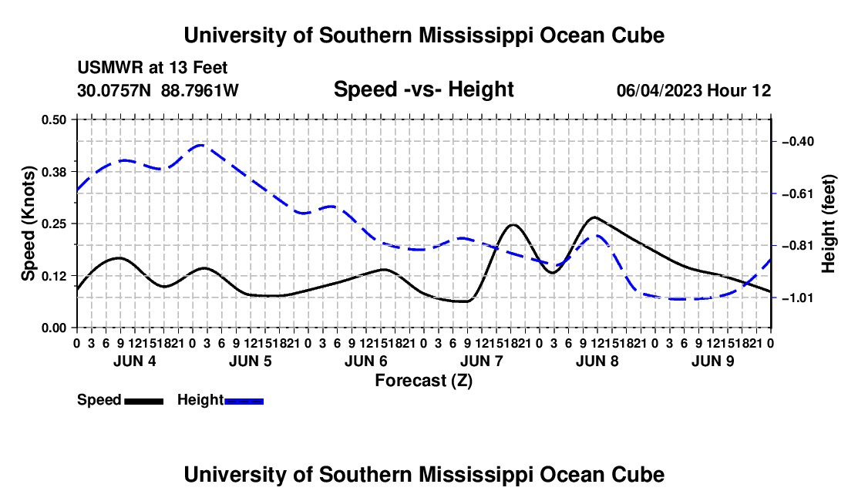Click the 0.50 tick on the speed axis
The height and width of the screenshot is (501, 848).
(x=53, y=119)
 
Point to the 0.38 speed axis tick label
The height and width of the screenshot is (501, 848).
(x=53, y=172)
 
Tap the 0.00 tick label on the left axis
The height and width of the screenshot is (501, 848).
(x=53, y=328)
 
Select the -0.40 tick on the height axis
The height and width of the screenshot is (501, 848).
(x=798, y=142)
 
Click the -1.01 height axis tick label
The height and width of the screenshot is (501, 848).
(x=798, y=298)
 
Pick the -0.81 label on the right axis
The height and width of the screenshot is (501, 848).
(x=798, y=246)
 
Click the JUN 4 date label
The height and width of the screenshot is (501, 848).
(x=135, y=361)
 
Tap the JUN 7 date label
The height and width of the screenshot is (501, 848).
(x=482, y=361)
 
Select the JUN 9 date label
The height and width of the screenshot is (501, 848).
(x=713, y=361)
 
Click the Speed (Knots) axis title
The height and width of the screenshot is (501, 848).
(x=28, y=224)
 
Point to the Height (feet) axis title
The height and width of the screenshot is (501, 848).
(x=829, y=224)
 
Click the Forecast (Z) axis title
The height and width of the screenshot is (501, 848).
(x=424, y=381)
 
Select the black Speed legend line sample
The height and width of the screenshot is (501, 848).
(x=144, y=402)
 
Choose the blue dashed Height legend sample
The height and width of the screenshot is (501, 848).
(x=244, y=402)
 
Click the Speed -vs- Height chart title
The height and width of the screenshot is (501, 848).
(x=424, y=89)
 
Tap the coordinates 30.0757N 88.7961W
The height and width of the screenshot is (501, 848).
(x=158, y=90)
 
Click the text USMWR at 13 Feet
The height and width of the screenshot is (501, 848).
(x=153, y=68)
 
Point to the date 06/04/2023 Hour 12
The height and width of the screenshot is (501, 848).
(x=694, y=90)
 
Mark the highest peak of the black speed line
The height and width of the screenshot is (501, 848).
(x=594, y=217)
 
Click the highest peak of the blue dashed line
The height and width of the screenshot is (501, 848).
(x=200, y=145)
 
